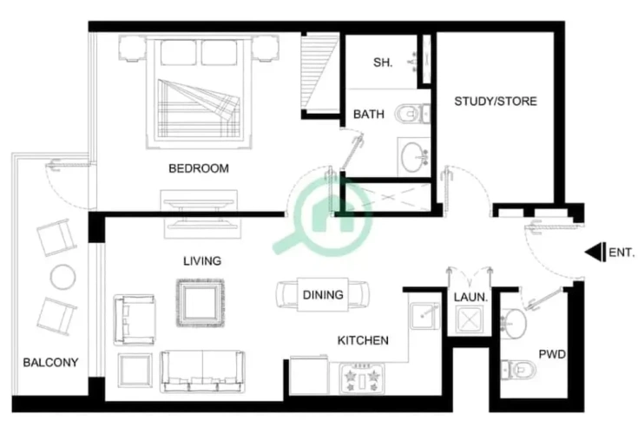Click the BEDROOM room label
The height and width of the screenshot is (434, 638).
point(199,168)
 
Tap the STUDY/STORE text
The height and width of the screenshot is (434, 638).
point(496,102)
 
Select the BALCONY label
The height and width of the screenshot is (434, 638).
point(50,363)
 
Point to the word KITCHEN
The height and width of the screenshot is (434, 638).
point(363,340)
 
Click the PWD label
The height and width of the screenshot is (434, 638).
point(552,354)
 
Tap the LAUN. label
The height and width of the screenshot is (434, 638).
point(470,298)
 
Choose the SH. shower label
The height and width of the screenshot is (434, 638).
point(383,62)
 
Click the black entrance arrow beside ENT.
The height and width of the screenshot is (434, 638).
point(595,253)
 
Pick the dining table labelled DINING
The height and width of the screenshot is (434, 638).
point(323,294)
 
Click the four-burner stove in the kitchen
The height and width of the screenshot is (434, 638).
point(362,378)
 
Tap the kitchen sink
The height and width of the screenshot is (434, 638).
point(424,316)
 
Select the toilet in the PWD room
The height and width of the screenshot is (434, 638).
point(518,370)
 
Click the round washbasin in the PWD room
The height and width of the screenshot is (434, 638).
point(514,324)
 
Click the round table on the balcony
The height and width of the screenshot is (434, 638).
point(62,278)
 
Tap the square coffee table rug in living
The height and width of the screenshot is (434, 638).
point(201,303)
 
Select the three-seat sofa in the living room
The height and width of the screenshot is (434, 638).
point(202,372)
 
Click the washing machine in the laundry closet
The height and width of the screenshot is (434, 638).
point(469,319)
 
